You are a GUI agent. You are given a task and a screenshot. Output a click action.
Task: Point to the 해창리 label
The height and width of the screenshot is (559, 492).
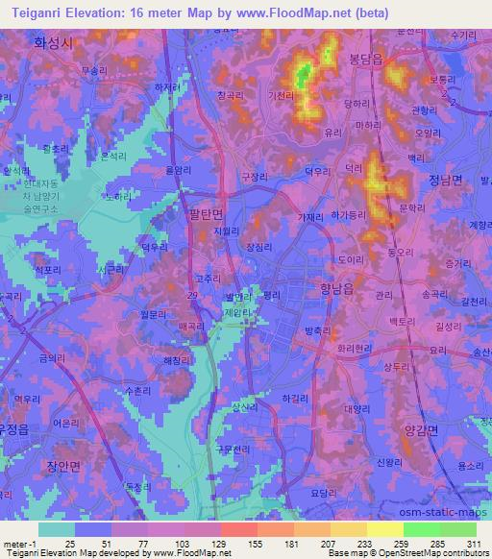178,360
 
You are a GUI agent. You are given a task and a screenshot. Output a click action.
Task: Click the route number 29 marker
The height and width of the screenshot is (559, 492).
194,293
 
